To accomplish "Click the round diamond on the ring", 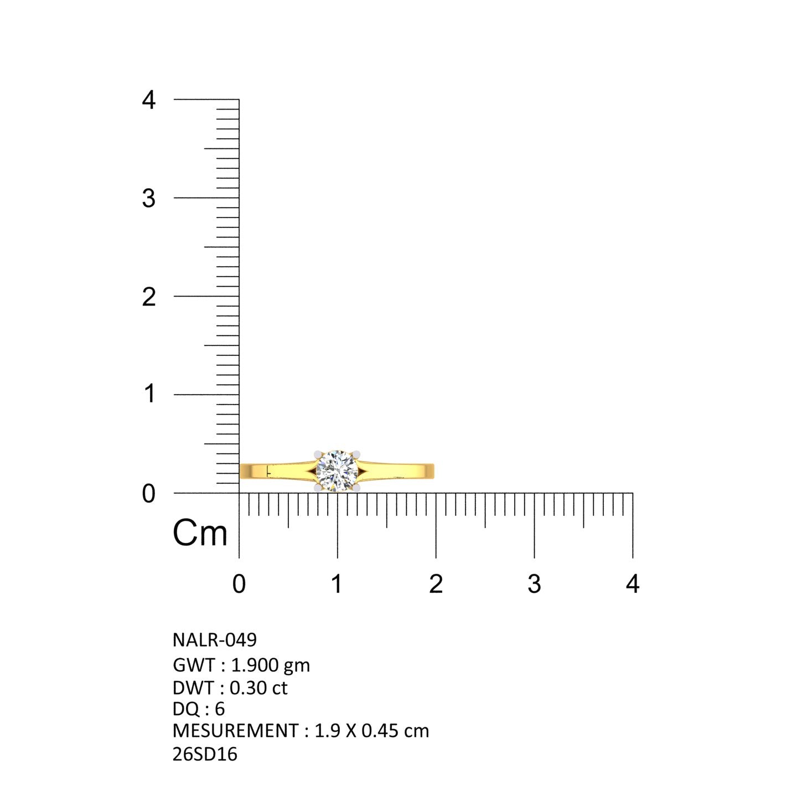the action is click(x=337, y=471).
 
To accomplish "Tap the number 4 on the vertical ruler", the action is click(x=148, y=100).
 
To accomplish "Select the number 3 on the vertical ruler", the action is click(x=148, y=199).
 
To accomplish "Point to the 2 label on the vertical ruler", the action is click(x=149, y=297).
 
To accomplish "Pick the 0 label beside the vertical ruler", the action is click(x=148, y=493).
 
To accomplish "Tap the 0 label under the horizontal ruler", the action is click(x=239, y=584).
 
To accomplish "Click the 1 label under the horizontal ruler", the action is click(x=337, y=584).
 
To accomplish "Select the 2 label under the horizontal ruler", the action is click(x=436, y=584).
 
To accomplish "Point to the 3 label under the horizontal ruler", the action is click(x=534, y=584).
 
